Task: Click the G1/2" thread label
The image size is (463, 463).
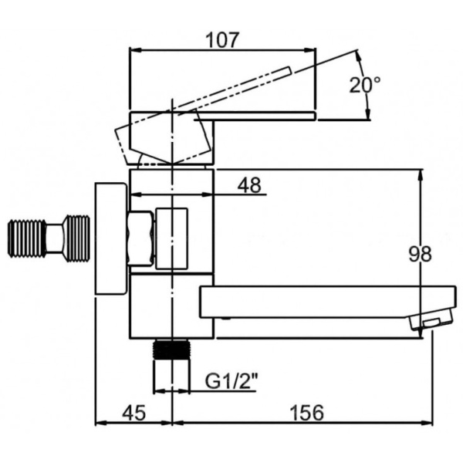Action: click(231, 380)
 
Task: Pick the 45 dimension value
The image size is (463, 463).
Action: click(133, 413)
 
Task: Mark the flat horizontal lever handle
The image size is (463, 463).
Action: click(262, 116)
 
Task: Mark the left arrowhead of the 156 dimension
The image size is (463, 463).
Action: click(176, 423)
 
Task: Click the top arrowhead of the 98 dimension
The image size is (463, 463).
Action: click(421, 174)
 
